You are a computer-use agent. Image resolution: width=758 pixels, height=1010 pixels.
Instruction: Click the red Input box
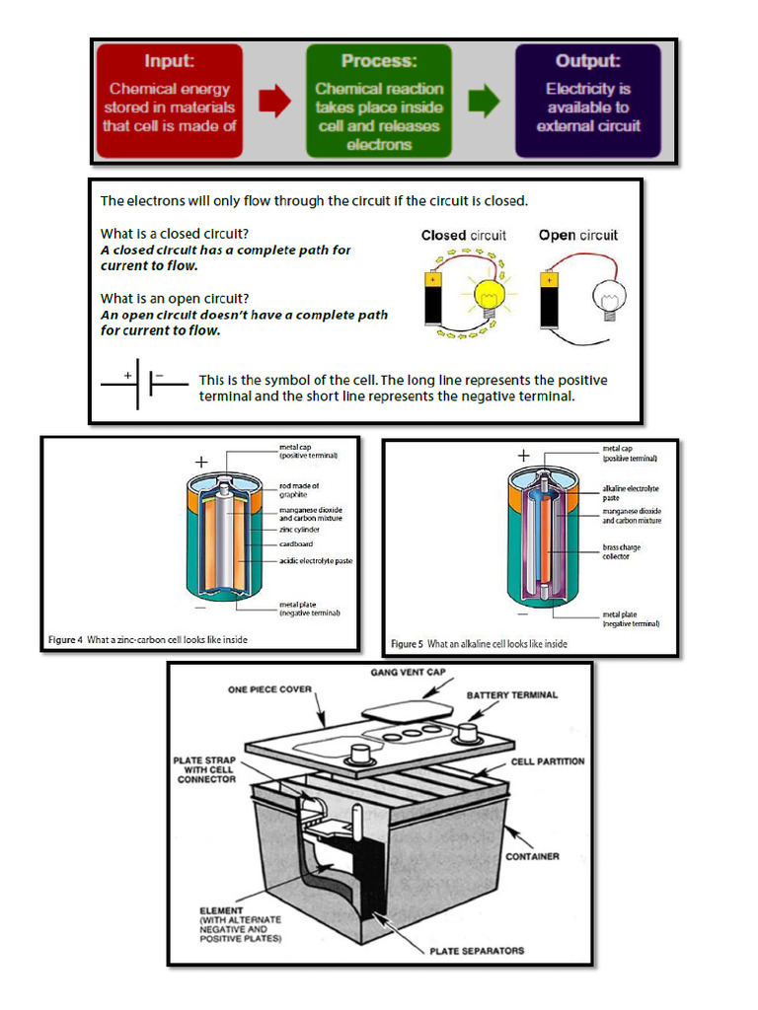(169, 100)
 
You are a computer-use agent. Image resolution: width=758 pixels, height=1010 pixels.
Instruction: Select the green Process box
(379, 100)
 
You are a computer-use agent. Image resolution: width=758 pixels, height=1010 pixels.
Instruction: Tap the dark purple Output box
(588, 100)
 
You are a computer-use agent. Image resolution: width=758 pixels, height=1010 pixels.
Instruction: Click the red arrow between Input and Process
(274, 100)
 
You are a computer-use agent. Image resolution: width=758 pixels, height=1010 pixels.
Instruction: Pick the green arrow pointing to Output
(484, 100)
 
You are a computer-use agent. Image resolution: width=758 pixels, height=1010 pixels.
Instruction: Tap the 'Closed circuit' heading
(463, 236)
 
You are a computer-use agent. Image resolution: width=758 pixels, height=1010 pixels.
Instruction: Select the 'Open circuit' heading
(578, 236)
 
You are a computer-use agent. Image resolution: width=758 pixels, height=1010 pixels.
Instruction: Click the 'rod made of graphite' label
(299, 490)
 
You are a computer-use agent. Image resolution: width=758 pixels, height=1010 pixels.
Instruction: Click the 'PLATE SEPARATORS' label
(477, 951)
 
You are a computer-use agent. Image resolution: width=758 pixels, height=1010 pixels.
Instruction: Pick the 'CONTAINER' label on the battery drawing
(533, 856)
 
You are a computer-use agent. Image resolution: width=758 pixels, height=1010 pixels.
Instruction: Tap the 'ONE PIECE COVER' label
(269, 689)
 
